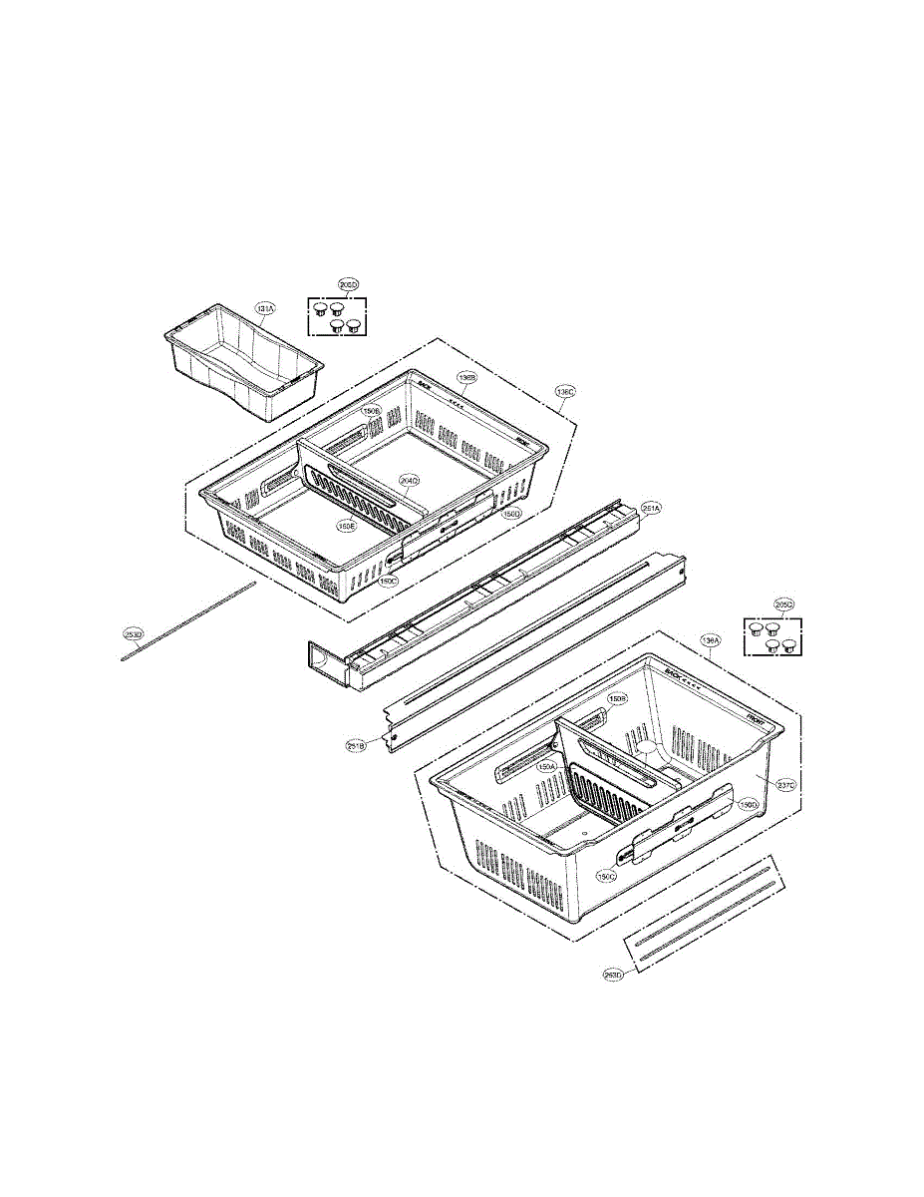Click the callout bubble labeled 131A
(264, 309)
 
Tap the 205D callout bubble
(347, 285)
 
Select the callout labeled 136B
(467, 378)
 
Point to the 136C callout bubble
(565, 392)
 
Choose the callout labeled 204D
(409, 481)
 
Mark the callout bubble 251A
(650, 508)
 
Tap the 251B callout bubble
(356, 744)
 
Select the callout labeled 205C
(784, 604)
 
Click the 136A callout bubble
(710, 639)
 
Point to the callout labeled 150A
(546, 767)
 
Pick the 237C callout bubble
(785, 784)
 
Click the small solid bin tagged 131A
(242, 364)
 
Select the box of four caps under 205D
(337, 317)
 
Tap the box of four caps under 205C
(773, 636)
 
